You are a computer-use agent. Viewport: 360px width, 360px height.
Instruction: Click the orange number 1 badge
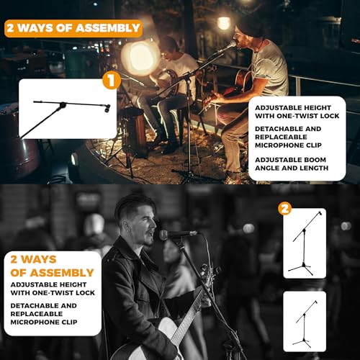[x=112, y=81]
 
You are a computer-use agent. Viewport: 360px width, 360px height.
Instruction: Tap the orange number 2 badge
[x=285, y=209]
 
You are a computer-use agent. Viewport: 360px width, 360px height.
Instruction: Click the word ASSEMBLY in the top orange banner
[x=107, y=28]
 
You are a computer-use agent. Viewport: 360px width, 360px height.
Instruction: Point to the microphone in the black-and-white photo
[x=178, y=234]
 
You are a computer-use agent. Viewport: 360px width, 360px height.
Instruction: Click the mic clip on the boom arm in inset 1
[x=107, y=108]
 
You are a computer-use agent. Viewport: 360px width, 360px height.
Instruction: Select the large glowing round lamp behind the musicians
[x=140, y=58]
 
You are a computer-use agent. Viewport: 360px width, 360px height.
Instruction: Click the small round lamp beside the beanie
[x=224, y=23]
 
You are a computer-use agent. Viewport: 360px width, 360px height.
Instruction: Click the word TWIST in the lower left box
[x=63, y=293]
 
